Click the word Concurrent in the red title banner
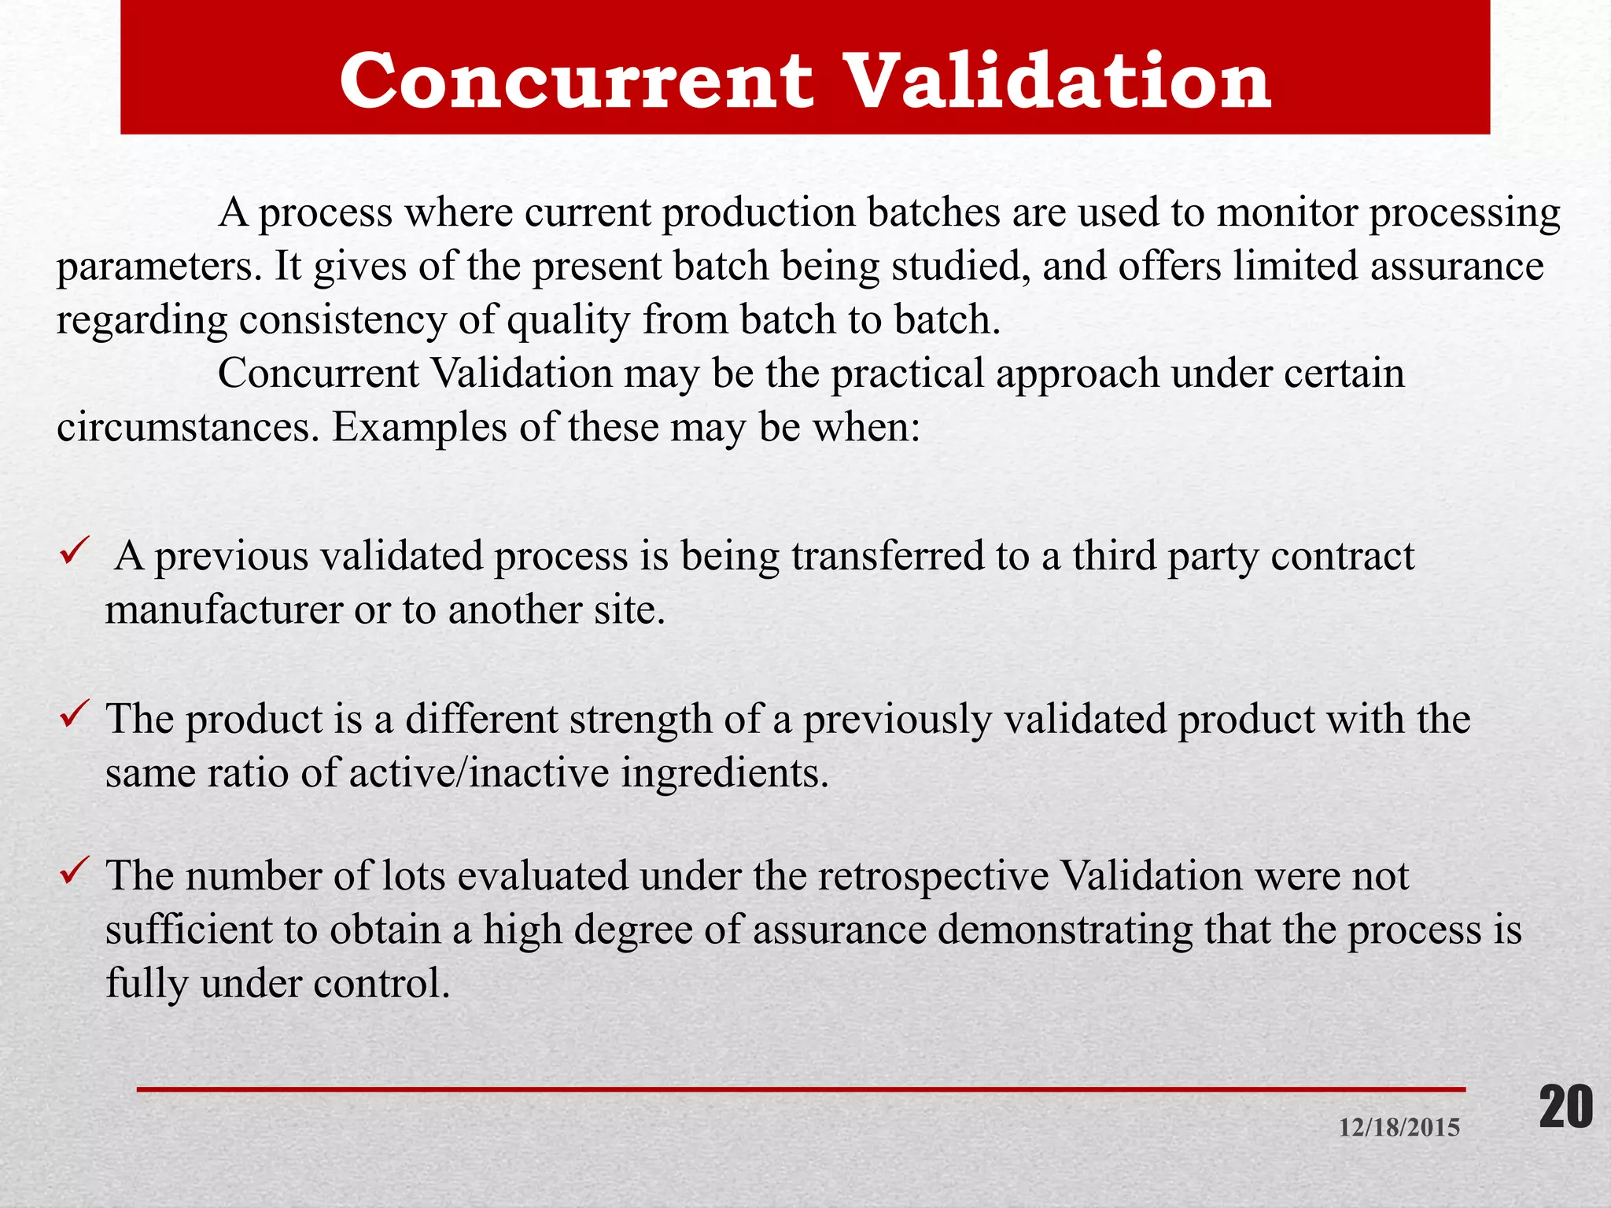[577, 80]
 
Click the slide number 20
[1565, 1107]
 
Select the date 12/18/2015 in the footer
[1399, 1128]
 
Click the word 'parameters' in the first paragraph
[158, 267]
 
